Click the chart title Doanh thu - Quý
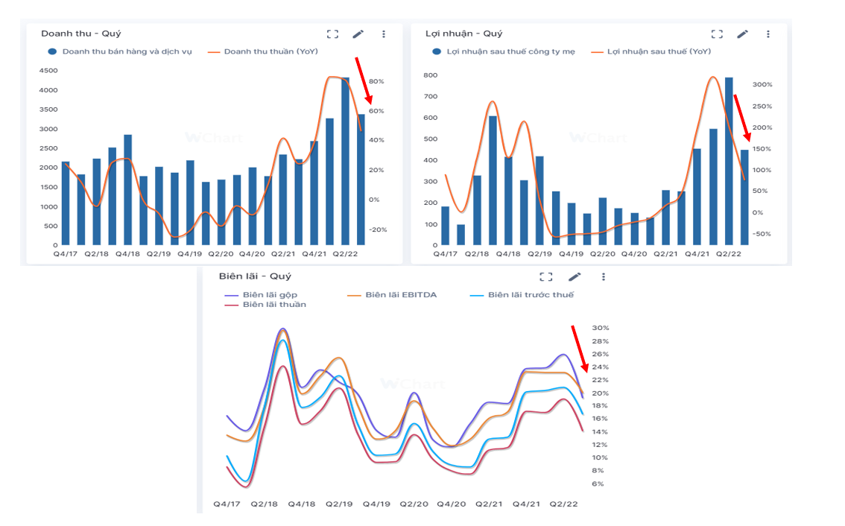pos(81,34)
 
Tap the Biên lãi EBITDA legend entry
pos(401,295)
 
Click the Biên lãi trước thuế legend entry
pos(531,295)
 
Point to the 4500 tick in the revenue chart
pos(48,71)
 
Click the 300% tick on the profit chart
pos(762,85)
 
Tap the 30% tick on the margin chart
pos(601,328)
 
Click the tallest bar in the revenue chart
pos(345,161)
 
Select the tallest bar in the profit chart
pos(729,161)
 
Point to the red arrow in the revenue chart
pos(364,80)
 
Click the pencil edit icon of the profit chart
pos(742,34)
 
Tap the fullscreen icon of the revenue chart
pos(332,34)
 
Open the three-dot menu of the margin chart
pos(603,276)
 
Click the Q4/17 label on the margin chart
pos(227,504)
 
